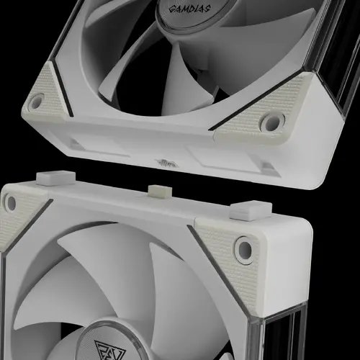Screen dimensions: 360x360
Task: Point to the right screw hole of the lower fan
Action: (x=245, y=250)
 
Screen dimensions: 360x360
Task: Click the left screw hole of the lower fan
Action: (x=9, y=203)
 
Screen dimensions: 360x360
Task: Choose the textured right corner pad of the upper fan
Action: (x=256, y=119)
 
